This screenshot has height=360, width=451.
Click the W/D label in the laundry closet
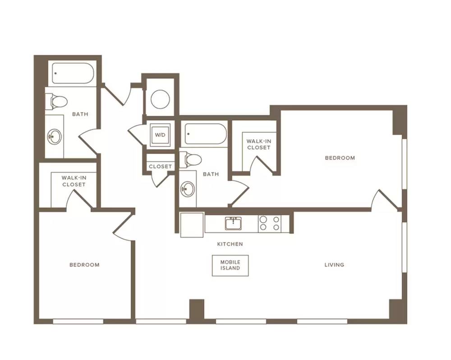(160, 135)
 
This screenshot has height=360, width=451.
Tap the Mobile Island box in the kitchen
(230, 265)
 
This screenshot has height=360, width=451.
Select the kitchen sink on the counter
(233, 223)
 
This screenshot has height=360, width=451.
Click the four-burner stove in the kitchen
(270, 223)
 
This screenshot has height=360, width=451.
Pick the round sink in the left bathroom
(55, 136)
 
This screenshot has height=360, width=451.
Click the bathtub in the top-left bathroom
(73, 74)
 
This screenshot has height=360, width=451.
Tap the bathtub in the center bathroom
(206, 134)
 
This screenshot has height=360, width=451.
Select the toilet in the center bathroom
(190, 159)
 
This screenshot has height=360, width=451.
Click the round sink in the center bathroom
(188, 189)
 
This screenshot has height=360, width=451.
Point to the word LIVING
(334, 265)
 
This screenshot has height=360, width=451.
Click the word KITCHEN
(230, 244)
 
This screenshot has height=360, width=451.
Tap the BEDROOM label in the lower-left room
(85, 265)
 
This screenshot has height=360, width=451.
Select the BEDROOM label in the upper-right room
(340, 158)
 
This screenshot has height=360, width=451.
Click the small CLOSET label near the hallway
(160, 166)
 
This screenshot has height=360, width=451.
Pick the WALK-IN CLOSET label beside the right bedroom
(258, 144)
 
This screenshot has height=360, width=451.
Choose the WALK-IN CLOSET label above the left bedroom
(74, 181)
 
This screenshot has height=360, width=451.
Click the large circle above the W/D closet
(160, 99)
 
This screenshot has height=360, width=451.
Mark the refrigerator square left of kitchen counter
(192, 225)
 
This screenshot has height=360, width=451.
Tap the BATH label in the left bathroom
(80, 114)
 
